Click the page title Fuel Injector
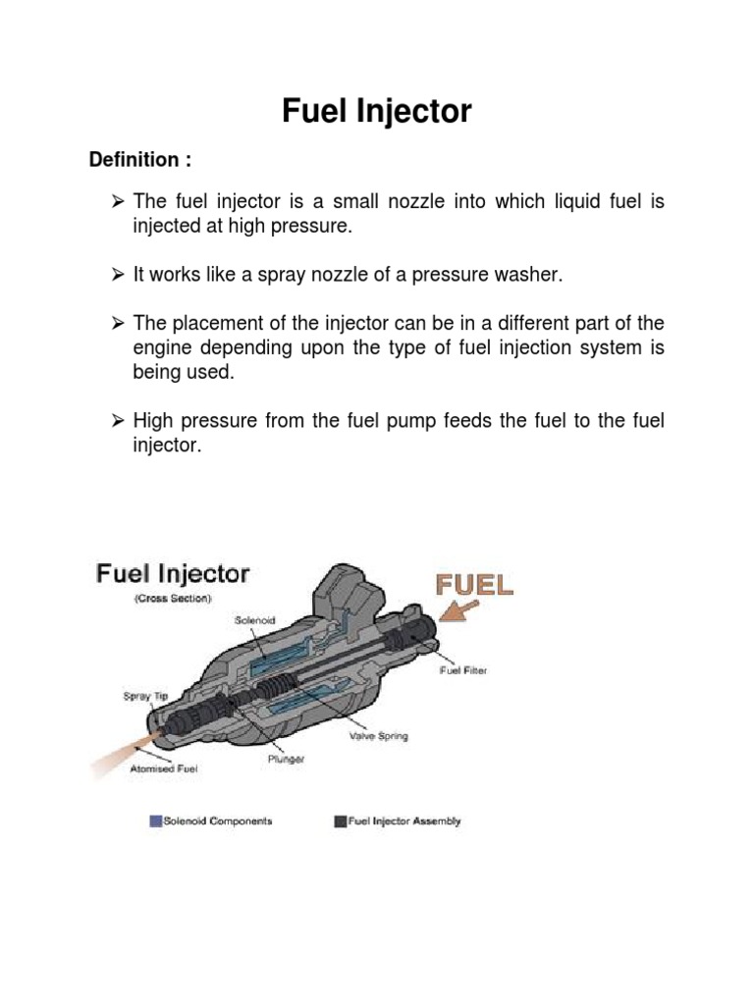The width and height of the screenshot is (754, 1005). [x=377, y=112]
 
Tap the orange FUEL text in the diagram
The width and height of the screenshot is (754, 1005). [x=475, y=586]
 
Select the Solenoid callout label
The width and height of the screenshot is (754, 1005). [x=255, y=619]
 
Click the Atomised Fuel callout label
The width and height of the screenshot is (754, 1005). [x=164, y=769]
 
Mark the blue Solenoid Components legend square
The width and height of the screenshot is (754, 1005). [x=155, y=820]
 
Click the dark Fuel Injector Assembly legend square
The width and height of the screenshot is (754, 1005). [x=340, y=820]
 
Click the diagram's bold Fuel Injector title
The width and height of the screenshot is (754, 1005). [x=173, y=573]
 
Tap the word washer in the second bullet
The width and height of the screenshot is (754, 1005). [x=532, y=275]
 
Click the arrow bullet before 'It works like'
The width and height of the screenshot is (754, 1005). [x=117, y=275]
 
